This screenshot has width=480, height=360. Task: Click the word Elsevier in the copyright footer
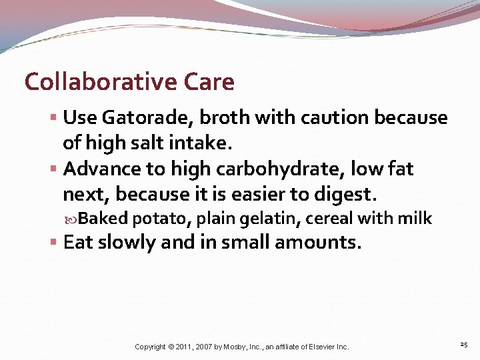pos(315,347)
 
